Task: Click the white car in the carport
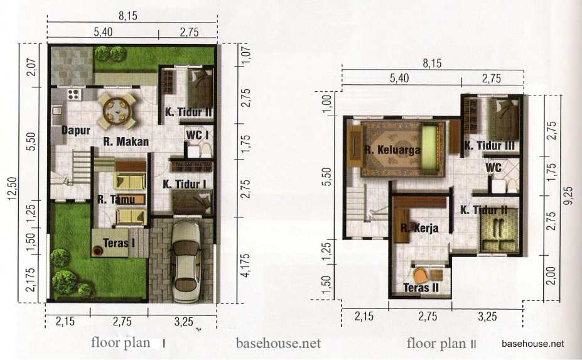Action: tap(186, 261)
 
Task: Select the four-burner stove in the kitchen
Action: tap(73, 94)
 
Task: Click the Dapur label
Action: tap(76, 131)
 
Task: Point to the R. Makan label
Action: tap(126, 141)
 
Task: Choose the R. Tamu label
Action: tap(116, 200)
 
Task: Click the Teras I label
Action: tap(119, 243)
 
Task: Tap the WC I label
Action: tap(197, 135)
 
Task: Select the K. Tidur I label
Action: tap(185, 184)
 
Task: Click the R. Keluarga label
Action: tap(392, 150)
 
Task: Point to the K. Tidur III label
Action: tap(490, 146)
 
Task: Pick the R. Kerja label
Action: tap(419, 228)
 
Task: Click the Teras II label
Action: tap(421, 288)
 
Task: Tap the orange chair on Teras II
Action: tap(421, 276)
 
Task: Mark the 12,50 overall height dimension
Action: tap(13, 188)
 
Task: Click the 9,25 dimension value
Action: tap(568, 195)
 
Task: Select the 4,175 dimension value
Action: tap(245, 266)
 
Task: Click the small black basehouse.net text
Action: tap(532, 344)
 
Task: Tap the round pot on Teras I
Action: tap(98, 251)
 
